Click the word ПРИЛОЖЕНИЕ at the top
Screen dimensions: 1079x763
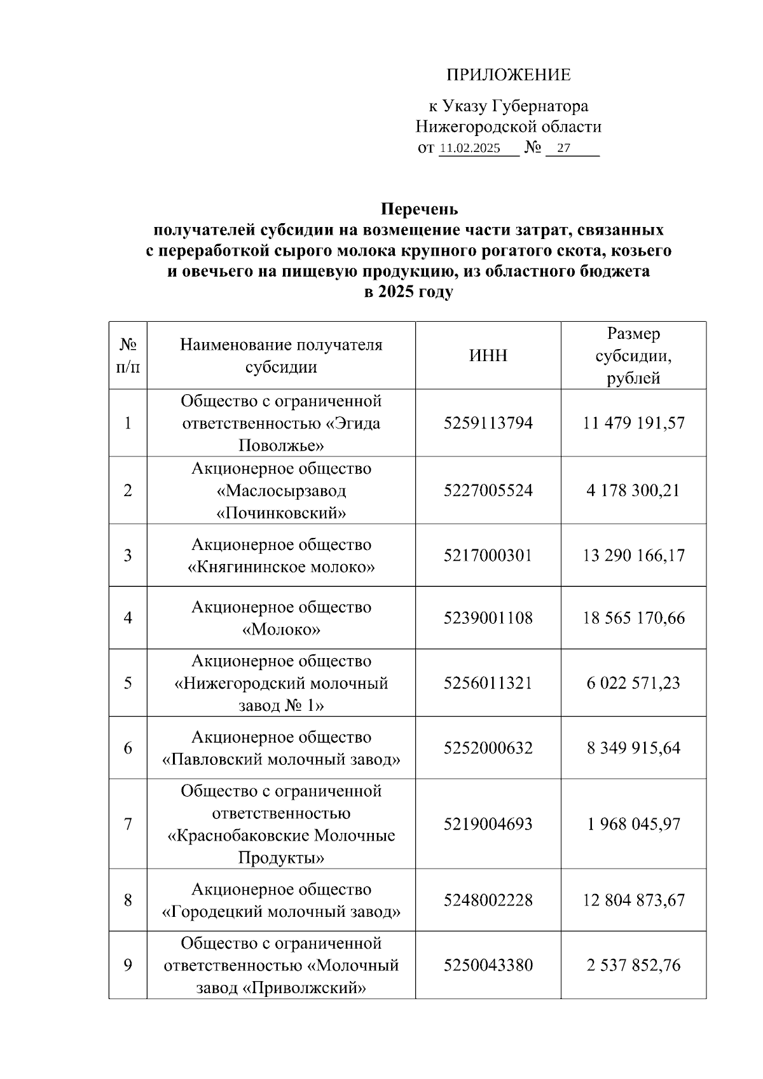pos(508,76)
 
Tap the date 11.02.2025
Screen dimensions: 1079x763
pos(470,149)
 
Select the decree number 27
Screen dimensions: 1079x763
pos(563,149)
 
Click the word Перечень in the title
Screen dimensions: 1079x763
pos(419,209)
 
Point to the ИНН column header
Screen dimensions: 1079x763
pos(488,355)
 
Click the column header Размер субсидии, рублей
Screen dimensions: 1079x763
pos(633,355)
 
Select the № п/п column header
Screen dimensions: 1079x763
pos(128,355)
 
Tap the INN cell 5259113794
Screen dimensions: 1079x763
pos(488,423)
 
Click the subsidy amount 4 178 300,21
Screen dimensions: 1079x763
pos(633,490)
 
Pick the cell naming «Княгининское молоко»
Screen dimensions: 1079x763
pos(281,556)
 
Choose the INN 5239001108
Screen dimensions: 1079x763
pos(488,618)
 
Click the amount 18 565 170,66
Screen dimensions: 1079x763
pos(633,618)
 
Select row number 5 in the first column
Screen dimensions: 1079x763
pos(128,683)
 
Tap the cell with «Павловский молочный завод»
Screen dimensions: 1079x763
pos(281,748)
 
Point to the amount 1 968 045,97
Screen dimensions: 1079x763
pos(633,824)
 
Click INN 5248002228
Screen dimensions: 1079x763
pos(488,900)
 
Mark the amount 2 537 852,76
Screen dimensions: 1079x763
pos(633,965)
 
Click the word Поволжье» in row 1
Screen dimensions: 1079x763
pos(281,445)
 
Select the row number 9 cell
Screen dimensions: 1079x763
pos(128,965)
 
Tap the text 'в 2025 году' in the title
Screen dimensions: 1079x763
pos(408,292)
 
